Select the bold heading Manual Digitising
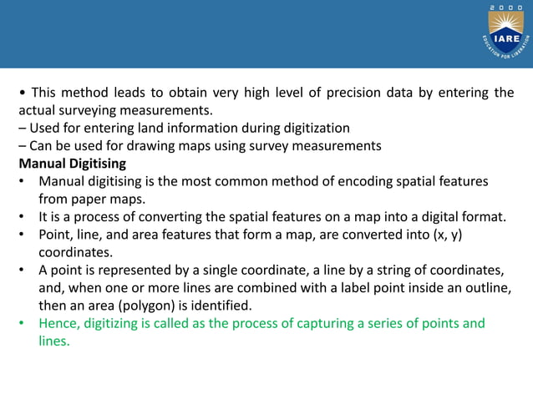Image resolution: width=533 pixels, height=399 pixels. click(x=73, y=163)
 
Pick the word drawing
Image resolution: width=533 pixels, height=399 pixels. click(x=146, y=145)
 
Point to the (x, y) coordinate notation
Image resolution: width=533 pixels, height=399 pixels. click(x=443, y=235)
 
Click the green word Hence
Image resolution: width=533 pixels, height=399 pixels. click(x=58, y=323)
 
